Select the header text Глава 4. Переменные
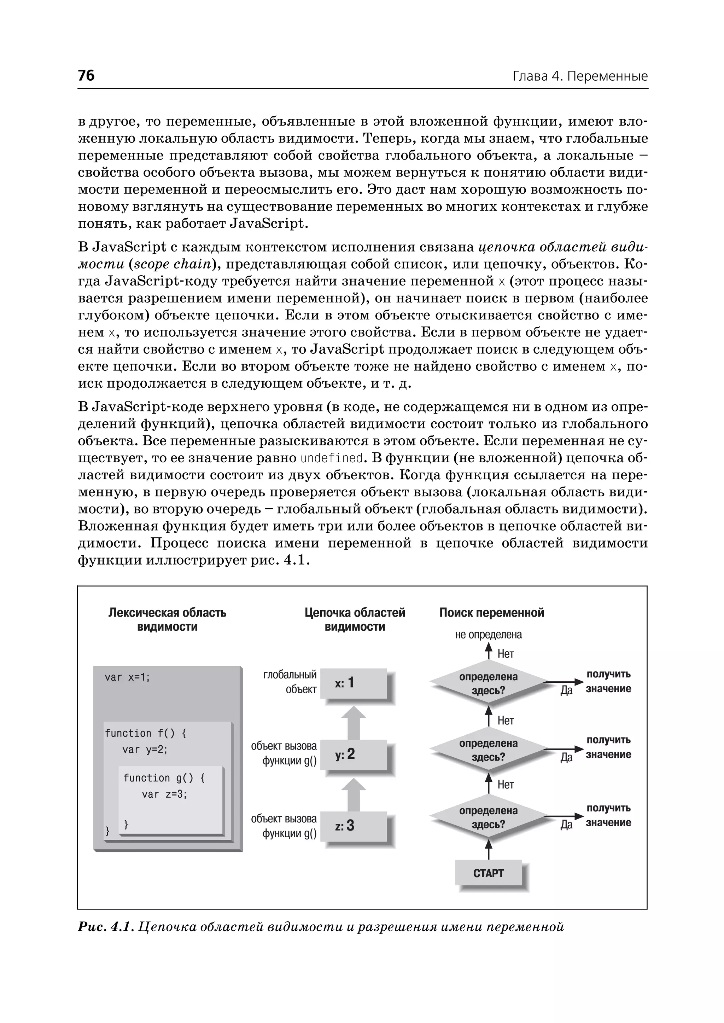(579, 76)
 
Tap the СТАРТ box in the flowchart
(488, 873)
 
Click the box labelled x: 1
(353, 683)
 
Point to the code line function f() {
(145, 733)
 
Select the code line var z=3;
(164, 794)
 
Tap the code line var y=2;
(145, 750)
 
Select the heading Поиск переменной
(491, 613)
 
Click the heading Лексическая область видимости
(167, 619)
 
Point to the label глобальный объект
(290, 682)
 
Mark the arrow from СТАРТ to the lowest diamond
(489, 849)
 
